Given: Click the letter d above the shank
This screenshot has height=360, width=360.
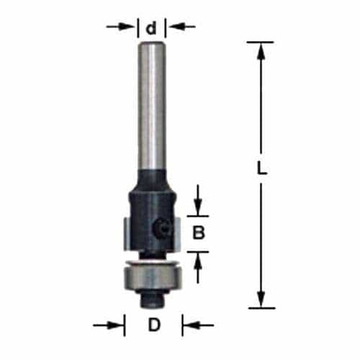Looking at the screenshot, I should pyautogui.click(x=152, y=28).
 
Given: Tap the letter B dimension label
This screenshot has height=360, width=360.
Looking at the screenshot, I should pyautogui.click(x=199, y=232).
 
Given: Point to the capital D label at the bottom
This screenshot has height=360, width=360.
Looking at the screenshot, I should pyautogui.click(x=154, y=326).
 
